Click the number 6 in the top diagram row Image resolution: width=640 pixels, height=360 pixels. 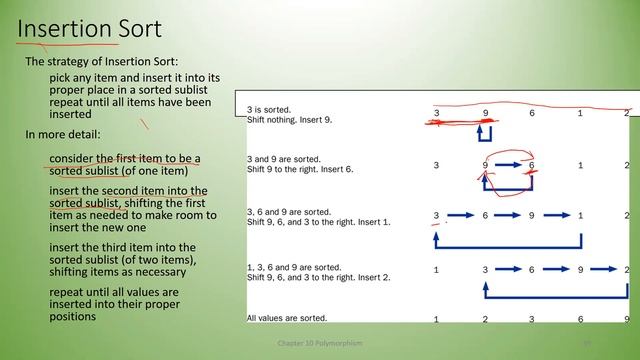pyautogui.click(x=532, y=113)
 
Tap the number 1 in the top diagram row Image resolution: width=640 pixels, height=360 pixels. pyautogui.click(x=580, y=113)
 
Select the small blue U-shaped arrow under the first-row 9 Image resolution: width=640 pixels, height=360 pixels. pyautogui.click(x=485, y=133)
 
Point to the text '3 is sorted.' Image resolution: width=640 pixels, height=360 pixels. pyautogui.click(x=271, y=109)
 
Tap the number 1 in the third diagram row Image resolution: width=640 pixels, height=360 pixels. pyautogui.click(x=580, y=215)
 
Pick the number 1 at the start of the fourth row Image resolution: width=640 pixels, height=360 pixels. pyautogui.click(x=436, y=270)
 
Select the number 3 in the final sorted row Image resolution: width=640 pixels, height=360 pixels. pyautogui.click(x=532, y=320)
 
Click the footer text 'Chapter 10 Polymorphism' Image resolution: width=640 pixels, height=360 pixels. pyautogui.click(x=320, y=343)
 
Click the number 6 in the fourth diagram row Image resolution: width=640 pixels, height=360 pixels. pyautogui.click(x=532, y=270)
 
